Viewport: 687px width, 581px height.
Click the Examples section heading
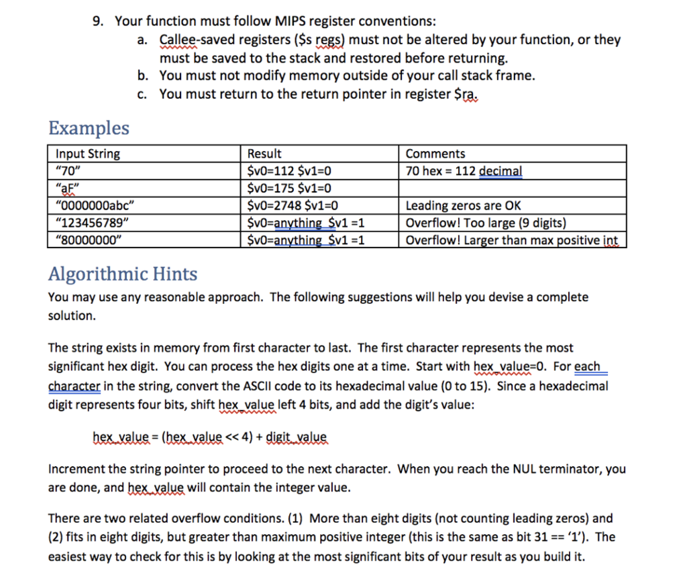click(x=89, y=127)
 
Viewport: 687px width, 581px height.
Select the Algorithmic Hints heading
click(x=123, y=274)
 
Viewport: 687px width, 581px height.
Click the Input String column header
click(x=88, y=154)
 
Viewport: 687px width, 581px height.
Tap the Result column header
click(x=265, y=154)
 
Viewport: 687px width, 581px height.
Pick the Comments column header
click(x=435, y=154)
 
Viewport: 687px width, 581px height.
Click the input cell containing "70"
click(x=67, y=170)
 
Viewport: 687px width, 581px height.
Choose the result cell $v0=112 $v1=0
click(x=290, y=170)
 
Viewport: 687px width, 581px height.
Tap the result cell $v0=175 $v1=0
click(x=290, y=188)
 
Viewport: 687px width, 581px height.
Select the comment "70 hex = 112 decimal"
click(x=464, y=170)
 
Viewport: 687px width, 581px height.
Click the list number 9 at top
click(x=98, y=21)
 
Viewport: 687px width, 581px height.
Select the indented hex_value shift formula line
click(x=209, y=438)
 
